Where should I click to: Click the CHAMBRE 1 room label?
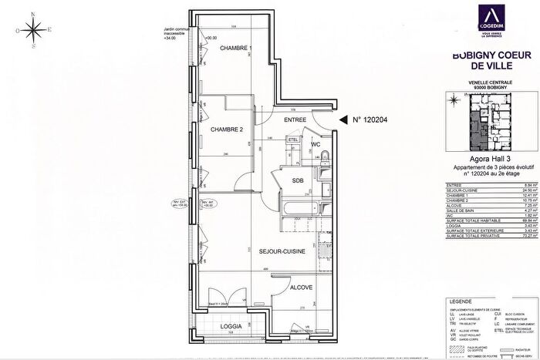point(236,49)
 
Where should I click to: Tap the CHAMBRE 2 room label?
point(227,129)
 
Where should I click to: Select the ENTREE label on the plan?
point(295,120)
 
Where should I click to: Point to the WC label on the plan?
point(316,144)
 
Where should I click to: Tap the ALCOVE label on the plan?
point(301,288)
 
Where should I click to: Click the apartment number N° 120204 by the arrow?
point(373,119)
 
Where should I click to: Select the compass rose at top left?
point(34,30)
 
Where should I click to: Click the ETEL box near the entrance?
point(293,139)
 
